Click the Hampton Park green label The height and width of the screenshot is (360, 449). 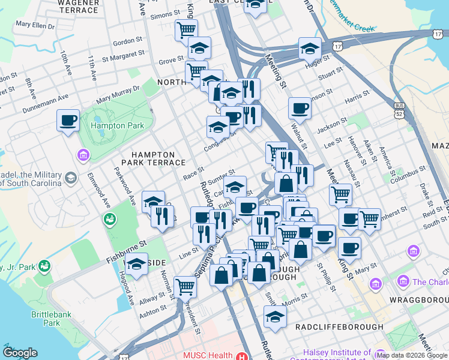coord(117,126)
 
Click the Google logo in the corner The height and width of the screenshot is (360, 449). coord(20,353)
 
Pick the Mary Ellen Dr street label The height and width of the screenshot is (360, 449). coord(35,26)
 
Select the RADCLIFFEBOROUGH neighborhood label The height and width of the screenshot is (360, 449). coord(339,326)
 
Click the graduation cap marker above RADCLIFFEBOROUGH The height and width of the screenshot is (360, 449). coord(274,316)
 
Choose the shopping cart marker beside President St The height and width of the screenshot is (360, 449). coord(185,286)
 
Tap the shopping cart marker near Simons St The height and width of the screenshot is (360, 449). coord(186,28)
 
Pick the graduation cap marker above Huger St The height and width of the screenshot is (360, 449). coord(310,48)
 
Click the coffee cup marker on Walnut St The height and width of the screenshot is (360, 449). coord(299,108)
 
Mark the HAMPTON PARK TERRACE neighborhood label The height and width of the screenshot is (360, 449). coord(148,158)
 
